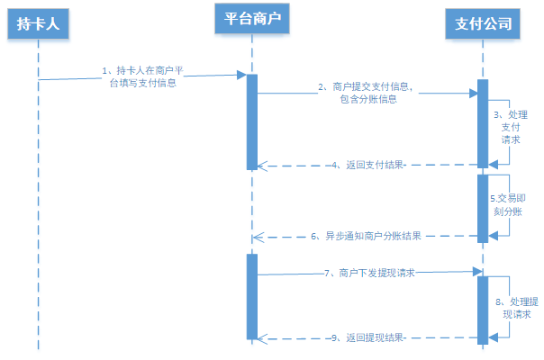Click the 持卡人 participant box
(x=38, y=24)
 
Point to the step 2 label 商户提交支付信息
(x=369, y=94)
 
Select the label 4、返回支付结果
(x=370, y=166)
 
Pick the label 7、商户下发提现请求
(x=369, y=273)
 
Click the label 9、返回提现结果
(x=369, y=337)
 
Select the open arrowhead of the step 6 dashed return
(x=258, y=237)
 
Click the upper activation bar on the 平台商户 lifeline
(x=252, y=121)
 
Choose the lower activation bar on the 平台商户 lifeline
(x=252, y=297)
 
